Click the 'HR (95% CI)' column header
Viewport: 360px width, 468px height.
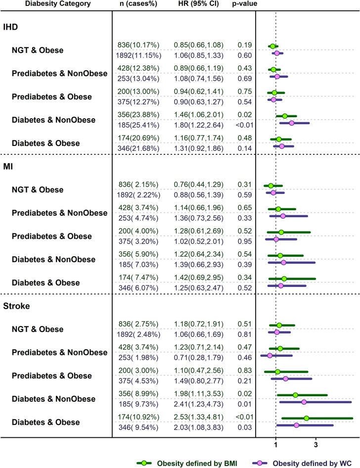[x=198, y=4]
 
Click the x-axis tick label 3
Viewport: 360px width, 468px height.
[x=316, y=443]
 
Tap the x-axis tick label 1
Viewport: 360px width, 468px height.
[x=275, y=443]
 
